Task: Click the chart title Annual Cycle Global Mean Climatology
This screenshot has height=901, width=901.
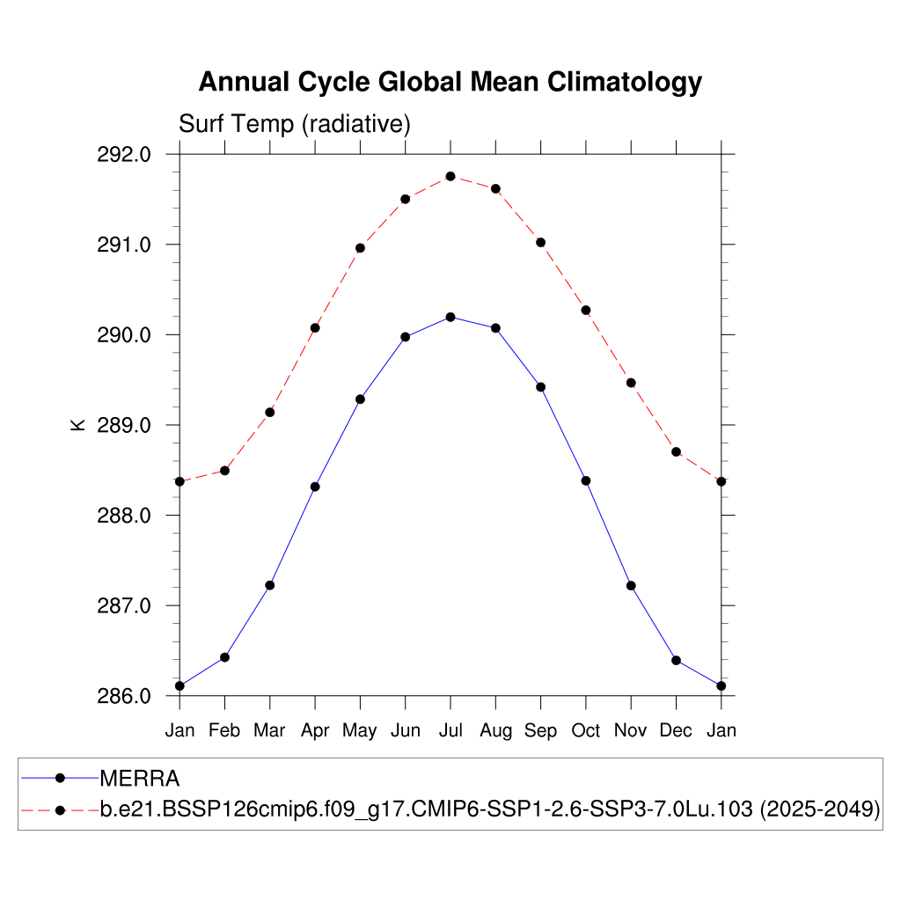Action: click(450, 82)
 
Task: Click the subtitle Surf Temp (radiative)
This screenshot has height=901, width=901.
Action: click(295, 124)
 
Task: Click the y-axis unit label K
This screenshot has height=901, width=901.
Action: click(77, 425)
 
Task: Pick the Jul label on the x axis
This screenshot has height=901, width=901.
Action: click(450, 730)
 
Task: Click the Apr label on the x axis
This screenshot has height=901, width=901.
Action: click(315, 730)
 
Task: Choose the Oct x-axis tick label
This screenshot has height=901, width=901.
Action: click(586, 730)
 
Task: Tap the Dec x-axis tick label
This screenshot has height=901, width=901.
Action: click(676, 730)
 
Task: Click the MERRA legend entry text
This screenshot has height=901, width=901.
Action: click(140, 779)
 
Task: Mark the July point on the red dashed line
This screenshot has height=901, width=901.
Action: click(450, 176)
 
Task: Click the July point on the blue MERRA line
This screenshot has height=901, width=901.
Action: click(450, 317)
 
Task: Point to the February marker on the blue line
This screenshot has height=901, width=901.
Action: click(224, 657)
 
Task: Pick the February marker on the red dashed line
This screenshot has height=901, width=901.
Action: click(224, 471)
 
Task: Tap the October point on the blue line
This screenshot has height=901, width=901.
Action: click(586, 480)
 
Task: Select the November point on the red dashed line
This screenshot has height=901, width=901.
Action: click(631, 383)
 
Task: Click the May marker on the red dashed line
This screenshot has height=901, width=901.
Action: click(360, 248)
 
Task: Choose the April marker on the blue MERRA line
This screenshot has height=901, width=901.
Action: click(315, 487)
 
